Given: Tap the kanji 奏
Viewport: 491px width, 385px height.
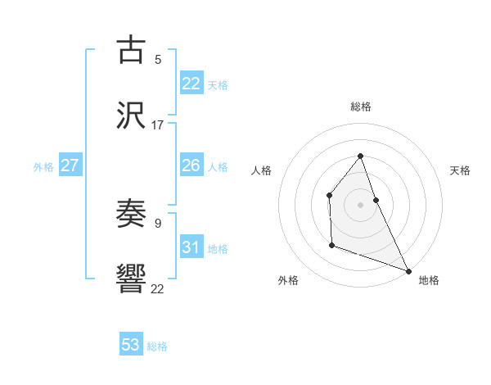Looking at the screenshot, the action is (131, 214).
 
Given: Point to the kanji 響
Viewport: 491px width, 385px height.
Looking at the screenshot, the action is (131, 279).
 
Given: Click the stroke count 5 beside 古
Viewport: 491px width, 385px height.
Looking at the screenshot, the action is (158, 59).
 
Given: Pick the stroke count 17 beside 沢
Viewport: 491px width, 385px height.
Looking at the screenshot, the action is (158, 125).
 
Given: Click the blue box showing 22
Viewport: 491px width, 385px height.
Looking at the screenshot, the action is (191, 84).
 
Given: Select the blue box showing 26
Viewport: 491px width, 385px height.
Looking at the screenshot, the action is (191, 165).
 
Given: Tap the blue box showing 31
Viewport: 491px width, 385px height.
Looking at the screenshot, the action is (191, 247).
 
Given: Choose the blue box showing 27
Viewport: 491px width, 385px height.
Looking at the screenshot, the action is (70, 165).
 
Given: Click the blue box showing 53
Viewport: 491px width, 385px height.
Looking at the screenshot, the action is (131, 345).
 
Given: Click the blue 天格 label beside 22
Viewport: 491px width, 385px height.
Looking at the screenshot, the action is (217, 85).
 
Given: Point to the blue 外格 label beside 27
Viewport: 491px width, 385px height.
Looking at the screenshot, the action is (43, 167).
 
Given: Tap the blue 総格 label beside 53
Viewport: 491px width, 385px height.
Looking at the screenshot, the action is (157, 346).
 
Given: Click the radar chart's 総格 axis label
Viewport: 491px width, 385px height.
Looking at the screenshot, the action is (360, 106).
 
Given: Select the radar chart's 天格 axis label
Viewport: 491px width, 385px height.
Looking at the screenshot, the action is (460, 170).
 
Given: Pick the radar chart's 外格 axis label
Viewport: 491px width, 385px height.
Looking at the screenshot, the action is (288, 280).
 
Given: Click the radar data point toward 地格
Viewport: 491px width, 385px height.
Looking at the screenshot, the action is (408, 270).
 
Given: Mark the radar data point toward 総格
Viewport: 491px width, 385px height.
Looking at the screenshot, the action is (360, 156).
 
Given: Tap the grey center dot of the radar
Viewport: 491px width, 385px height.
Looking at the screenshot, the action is (360, 204).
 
